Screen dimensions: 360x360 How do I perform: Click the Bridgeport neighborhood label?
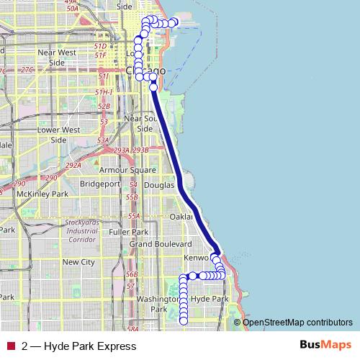coord(100,184)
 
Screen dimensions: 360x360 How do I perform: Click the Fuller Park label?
coord(130,232)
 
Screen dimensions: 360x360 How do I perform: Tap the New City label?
coord(79,262)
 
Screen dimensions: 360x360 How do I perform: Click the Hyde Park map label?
coord(210,298)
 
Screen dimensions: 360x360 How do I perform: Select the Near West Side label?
coord(56,57)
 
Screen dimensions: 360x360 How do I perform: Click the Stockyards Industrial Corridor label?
coord(83,230)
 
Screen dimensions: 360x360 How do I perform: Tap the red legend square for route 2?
coord(10,346)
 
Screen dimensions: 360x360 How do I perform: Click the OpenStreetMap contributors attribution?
coord(297,322)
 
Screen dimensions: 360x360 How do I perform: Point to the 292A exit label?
coord(73,165)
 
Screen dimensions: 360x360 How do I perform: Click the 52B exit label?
coord(104,106)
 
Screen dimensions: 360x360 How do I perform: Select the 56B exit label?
coord(131,274)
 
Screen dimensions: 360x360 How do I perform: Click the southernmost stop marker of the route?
coord(184,322)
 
